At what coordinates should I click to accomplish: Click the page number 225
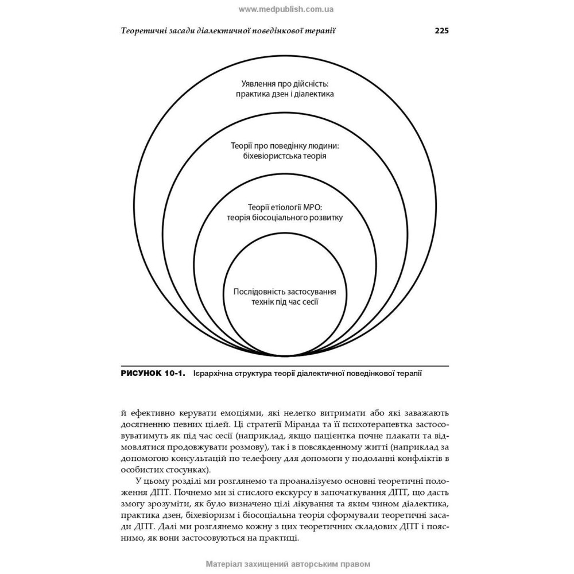441,31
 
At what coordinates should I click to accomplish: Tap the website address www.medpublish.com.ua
286,9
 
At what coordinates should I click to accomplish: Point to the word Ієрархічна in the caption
214,374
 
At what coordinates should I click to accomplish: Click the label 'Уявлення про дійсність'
285,83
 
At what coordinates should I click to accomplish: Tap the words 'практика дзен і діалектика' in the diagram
285,94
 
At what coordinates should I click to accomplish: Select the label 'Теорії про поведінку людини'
285,145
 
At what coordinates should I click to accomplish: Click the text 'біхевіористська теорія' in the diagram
285,156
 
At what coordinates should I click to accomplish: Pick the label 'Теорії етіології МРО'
285,207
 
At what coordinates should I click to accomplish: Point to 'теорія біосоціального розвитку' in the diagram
285,218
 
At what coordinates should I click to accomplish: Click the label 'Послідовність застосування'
285,292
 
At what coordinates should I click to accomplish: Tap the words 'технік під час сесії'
285,302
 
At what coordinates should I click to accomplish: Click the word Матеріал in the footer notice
226,564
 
